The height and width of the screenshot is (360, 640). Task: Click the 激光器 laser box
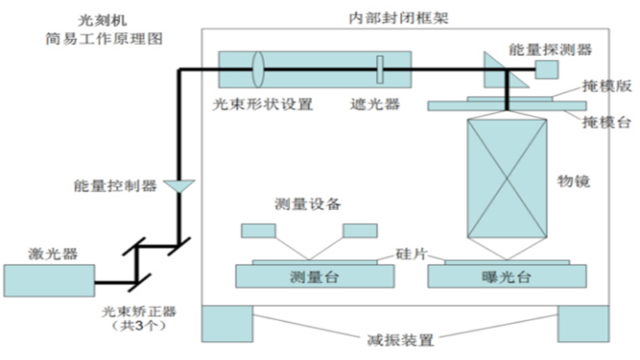click(49, 281)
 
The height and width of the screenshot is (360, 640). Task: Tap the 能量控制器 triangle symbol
click(178, 186)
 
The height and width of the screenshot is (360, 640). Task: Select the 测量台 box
click(315, 277)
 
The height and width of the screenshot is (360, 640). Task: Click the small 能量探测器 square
click(547, 70)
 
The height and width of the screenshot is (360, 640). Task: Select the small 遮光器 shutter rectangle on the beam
click(381, 69)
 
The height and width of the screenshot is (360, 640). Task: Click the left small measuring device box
click(258, 230)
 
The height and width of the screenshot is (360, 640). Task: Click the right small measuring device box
click(359, 230)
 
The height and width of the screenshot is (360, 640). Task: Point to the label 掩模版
click(604, 87)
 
